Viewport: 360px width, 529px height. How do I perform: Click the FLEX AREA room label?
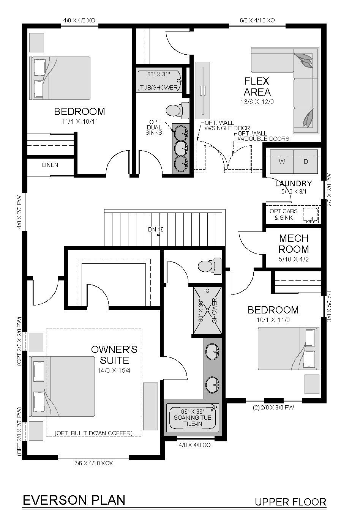pyautogui.click(x=257, y=87)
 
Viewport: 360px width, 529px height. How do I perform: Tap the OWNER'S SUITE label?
pyautogui.click(x=114, y=355)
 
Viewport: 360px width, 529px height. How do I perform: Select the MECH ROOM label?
pyautogui.click(x=294, y=244)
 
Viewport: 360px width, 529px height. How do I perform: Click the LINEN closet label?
pyautogui.click(x=50, y=165)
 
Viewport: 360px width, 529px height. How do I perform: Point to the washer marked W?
pyautogui.click(x=282, y=162)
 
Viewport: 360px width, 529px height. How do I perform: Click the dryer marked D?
pyautogui.click(x=306, y=162)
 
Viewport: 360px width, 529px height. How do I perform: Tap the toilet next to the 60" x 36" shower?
pyautogui.click(x=210, y=266)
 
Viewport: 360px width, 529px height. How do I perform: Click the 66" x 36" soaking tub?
pyautogui.click(x=193, y=417)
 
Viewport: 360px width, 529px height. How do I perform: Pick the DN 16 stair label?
pyautogui.click(x=156, y=229)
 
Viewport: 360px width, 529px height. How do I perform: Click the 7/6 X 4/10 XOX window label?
pyautogui.click(x=93, y=463)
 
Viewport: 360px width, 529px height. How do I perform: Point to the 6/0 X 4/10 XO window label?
pyautogui.click(x=257, y=20)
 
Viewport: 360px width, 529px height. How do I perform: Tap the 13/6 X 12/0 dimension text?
pyautogui.click(x=257, y=102)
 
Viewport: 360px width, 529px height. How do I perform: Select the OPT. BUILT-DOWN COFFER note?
pyautogui.click(x=93, y=433)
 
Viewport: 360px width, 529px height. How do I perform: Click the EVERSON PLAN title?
pyautogui.click(x=74, y=500)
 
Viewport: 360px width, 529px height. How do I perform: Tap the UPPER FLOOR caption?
pyautogui.click(x=290, y=502)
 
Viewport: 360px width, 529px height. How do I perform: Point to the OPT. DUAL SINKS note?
pyautogui.click(x=154, y=128)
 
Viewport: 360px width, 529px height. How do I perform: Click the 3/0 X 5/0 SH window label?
pyautogui.click(x=329, y=306)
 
